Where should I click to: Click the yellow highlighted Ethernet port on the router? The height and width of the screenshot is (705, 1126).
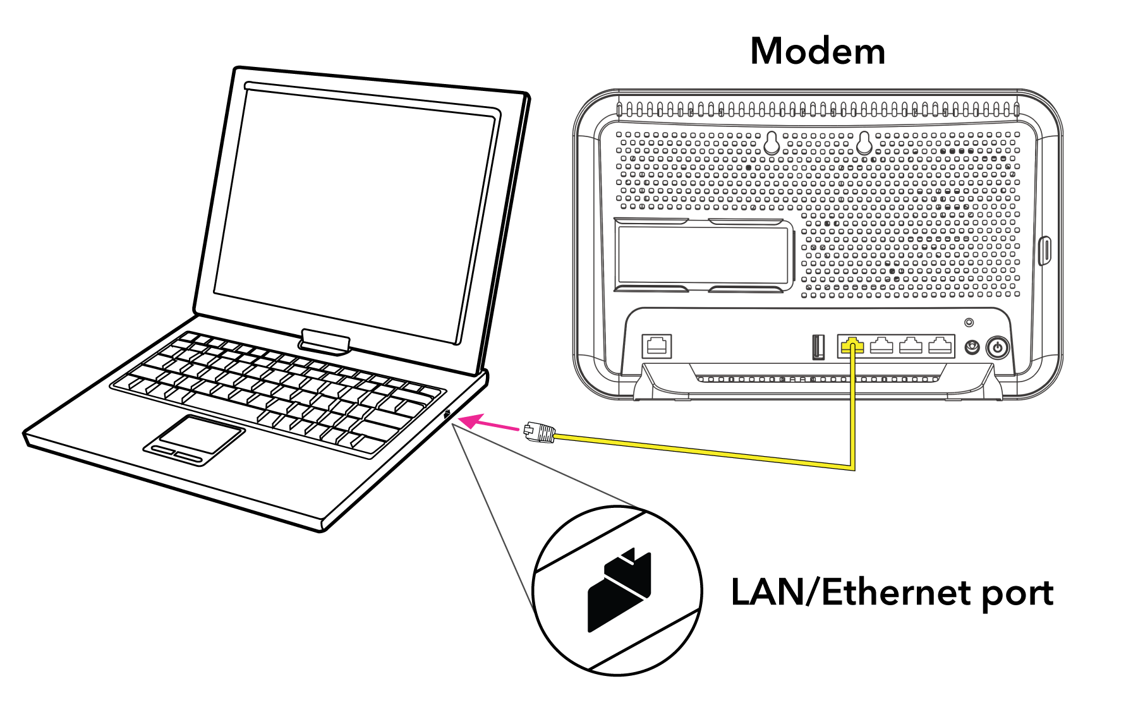tap(852, 346)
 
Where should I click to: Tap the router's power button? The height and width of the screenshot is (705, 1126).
tap(998, 347)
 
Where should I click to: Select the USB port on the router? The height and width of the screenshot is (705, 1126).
tap(818, 347)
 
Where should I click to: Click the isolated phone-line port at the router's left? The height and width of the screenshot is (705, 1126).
tap(657, 346)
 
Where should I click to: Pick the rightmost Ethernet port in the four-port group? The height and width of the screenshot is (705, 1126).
tap(940, 346)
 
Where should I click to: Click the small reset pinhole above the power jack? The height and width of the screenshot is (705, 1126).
tap(969, 323)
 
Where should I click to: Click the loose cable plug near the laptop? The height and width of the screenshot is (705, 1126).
tap(539, 433)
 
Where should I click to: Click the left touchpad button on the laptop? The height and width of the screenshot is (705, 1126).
tap(164, 449)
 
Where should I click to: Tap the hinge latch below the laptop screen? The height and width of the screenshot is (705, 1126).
tap(325, 340)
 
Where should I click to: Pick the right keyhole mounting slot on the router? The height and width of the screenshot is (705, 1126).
tap(864, 143)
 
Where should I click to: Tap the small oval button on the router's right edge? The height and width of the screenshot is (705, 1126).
tap(1045, 251)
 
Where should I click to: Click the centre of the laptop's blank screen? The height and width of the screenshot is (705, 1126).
tap(356, 215)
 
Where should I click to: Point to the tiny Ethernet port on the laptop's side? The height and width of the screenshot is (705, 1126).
tap(447, 415)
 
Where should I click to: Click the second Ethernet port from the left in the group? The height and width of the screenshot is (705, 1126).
tap(881, 346)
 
